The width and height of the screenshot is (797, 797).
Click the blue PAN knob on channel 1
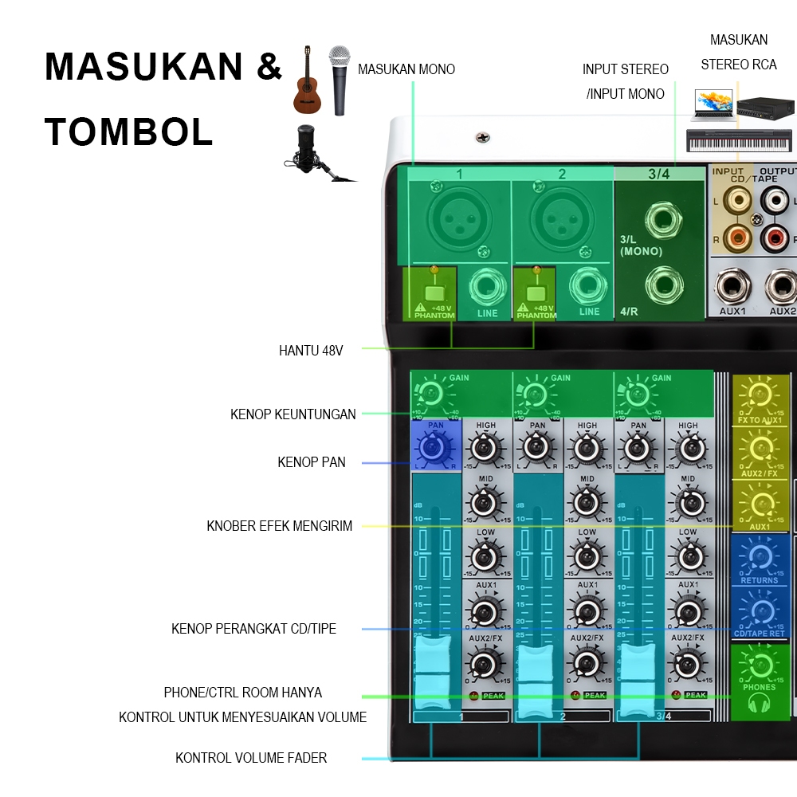(x=434, y=449)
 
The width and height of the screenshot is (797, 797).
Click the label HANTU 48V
(x=311, y=350)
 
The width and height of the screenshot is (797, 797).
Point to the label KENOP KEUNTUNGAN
(x=292, y=414)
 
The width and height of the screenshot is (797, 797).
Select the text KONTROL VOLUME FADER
(x=251, y=758)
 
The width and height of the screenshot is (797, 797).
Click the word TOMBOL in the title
(x=128, y=132)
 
